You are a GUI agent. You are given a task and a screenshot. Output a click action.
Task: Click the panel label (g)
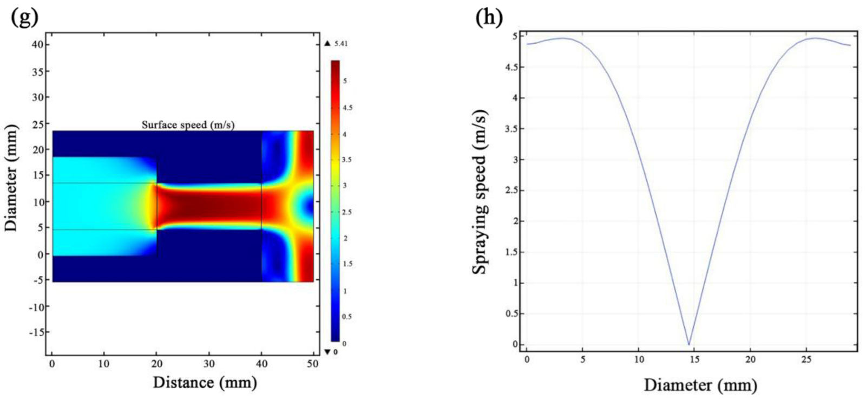25,17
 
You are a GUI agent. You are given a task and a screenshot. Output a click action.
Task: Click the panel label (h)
489,17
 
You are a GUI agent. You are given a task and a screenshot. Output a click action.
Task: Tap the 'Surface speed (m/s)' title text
188,125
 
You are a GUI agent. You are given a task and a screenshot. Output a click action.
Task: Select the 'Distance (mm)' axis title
205,383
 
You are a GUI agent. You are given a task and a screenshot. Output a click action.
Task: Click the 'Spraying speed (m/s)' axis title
480,192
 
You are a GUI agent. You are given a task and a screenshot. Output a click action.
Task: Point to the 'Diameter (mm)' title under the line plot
700,385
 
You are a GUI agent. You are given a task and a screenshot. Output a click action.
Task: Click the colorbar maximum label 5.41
341,44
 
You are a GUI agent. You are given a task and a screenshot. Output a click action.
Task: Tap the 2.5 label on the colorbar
346,212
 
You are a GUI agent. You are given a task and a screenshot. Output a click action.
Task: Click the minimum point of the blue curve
688,344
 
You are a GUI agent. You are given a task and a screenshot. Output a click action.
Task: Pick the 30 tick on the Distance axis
209,364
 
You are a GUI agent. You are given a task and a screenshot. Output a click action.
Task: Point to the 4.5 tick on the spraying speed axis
510,68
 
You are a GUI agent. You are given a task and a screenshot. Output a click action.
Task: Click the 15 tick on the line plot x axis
694,359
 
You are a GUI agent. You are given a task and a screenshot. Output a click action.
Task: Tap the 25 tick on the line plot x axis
806,359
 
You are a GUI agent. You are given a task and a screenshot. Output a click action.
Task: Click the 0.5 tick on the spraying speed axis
510,314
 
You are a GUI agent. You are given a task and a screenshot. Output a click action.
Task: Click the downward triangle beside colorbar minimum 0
327,352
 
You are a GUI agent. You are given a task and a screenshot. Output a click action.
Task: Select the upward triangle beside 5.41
327,44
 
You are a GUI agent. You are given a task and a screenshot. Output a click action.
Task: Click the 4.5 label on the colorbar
346,108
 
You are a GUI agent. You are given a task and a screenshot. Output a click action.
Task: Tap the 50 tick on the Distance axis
313,364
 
